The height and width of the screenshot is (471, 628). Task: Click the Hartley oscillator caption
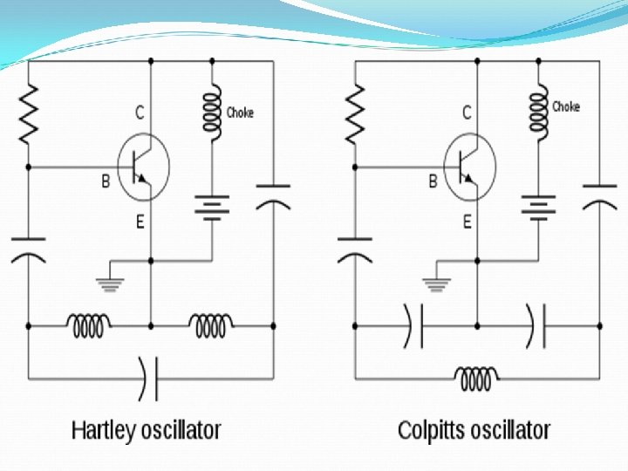pyautogui.click(x=146, y=430)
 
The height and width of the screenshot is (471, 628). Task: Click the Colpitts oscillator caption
pyautogui.click(x=474, y=430)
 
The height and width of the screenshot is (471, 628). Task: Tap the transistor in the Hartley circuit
pyautogui.click(x=141, y=165)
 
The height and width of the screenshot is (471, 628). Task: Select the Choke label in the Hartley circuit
pyautogui.click(x=240, y=113)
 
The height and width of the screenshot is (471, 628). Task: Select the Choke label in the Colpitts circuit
pyautogui.click(x=566, y=106)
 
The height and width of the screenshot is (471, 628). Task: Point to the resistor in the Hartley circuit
pyautogui.click(x=28, y=114)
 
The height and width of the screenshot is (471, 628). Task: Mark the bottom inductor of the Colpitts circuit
pyautogui.click(x=476, y=378)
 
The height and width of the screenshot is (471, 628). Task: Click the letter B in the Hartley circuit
pyautogui.click(x=106, y=182)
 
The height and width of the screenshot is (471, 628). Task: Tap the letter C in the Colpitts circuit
pyautogui.click(x=467, y=113)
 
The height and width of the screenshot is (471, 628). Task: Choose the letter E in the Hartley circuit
pyautogui.click(x=140, y=223)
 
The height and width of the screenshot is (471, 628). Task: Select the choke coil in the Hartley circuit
pyautogui.click(x=212, y=111)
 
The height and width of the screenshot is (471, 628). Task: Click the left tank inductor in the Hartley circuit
pyautogui.click(x=89, y=326)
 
